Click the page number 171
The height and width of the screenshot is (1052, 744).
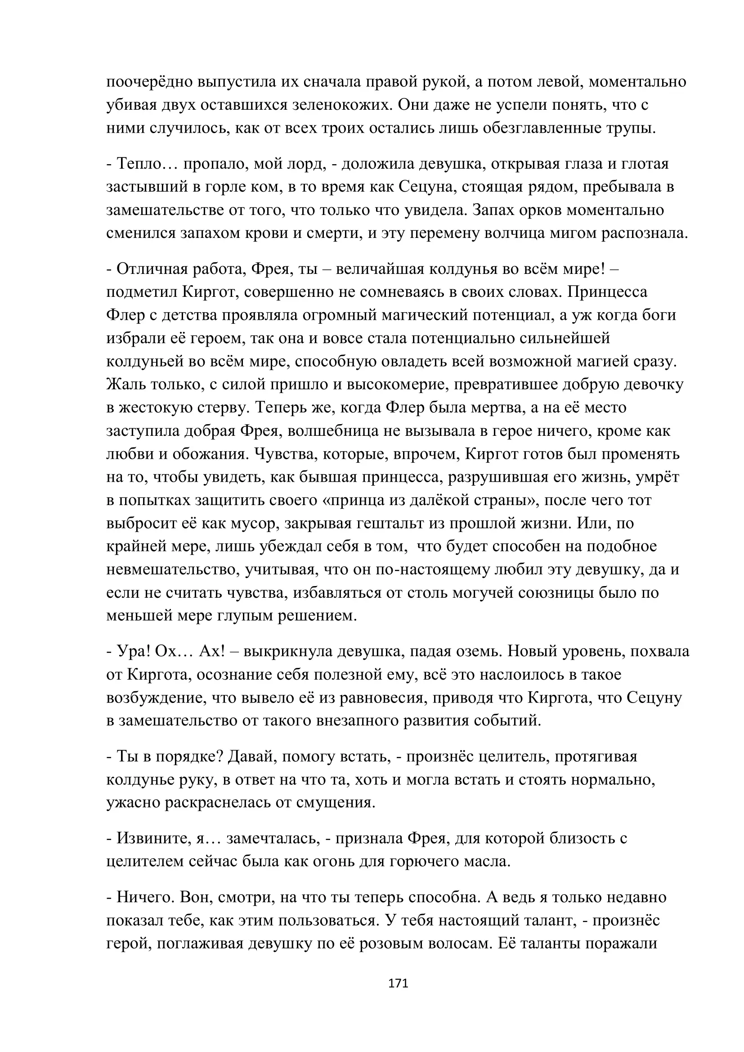point(398,983)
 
